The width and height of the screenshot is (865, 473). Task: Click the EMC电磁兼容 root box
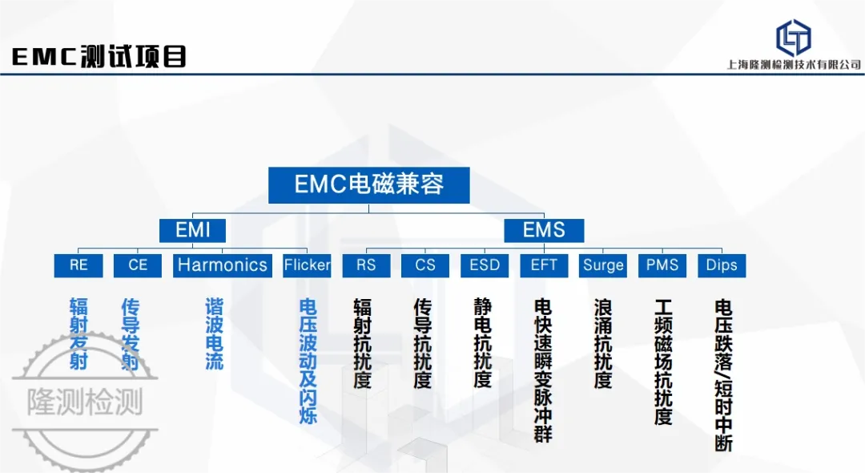coord(369,185)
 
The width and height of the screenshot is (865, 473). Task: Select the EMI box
coord(192,230)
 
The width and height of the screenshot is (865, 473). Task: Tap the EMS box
coord(544,230)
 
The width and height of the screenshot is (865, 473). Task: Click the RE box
coord(78,265)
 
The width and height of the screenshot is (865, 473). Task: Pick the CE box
coord(138,265)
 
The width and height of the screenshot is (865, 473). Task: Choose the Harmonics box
coord(223,265)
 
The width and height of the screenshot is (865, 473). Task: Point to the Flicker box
coord(307,265)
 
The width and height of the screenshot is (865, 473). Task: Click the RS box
coord(366,265)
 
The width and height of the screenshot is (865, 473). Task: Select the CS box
coord(425,265)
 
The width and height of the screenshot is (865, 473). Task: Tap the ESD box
coord(485,265)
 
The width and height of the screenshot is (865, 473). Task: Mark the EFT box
coord(544,265)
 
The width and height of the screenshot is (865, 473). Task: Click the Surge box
coord(603,265)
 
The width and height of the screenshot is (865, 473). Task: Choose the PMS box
coord(662,265)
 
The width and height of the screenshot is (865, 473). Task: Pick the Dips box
coord(722,265)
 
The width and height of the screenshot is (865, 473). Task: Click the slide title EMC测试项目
coord(99,56)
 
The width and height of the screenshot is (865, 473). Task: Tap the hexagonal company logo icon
coord(793,38)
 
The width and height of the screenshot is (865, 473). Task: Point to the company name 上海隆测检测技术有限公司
coord(794,65)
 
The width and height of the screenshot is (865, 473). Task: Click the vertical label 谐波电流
coord(214,334)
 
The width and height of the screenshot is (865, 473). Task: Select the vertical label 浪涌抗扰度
coord(603,343)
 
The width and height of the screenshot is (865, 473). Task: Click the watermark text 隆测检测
coord(85,402)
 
